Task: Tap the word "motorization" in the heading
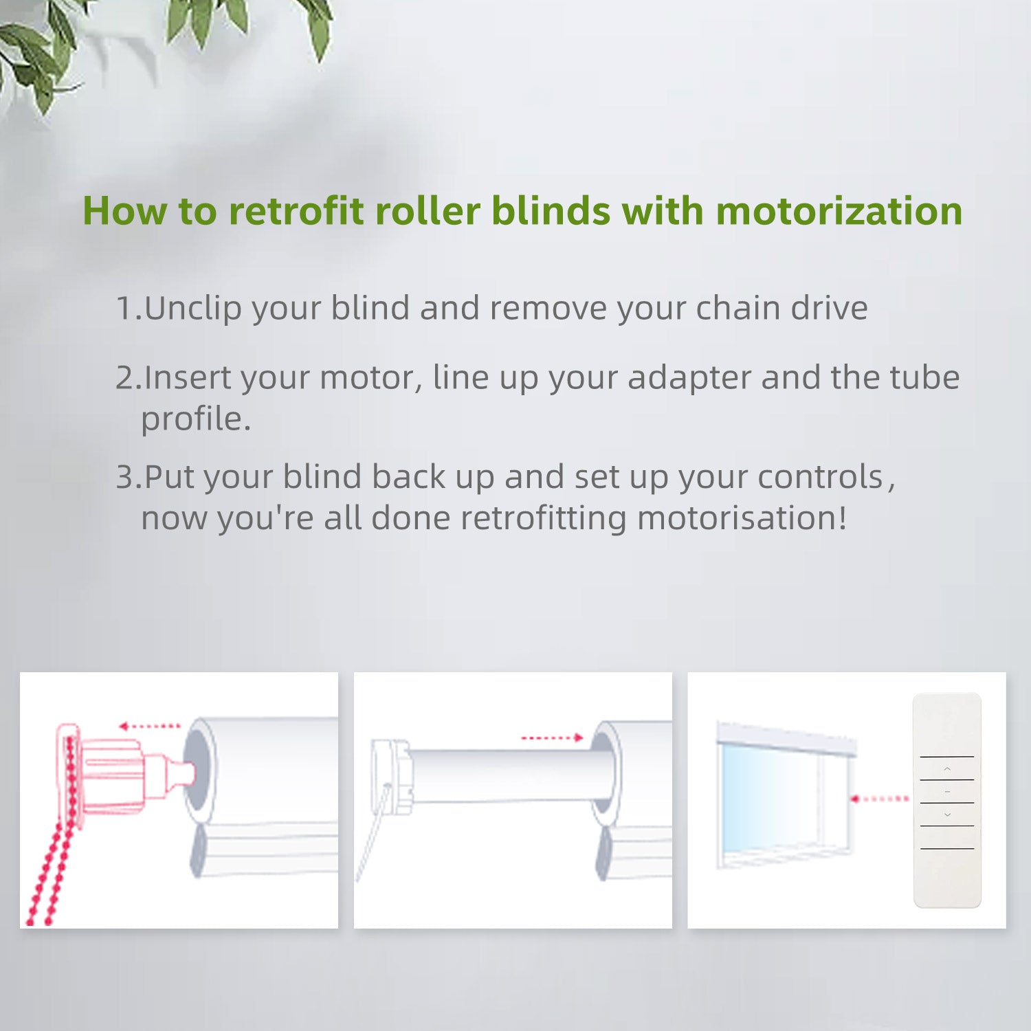839,210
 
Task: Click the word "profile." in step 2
196,419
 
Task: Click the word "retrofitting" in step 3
543,518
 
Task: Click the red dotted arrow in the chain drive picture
149,726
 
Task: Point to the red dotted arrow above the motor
552,738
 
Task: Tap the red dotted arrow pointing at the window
880,799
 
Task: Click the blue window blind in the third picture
766,797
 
